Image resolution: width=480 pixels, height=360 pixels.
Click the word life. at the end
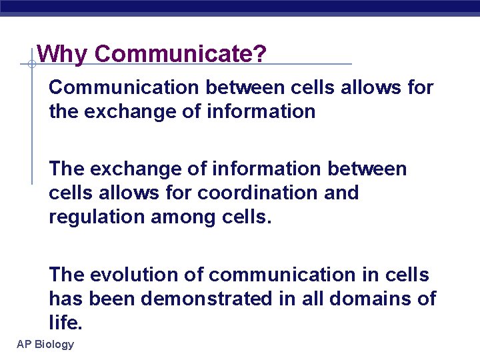tap(65, 323)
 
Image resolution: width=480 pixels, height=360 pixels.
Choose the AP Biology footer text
tap(45, 344)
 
